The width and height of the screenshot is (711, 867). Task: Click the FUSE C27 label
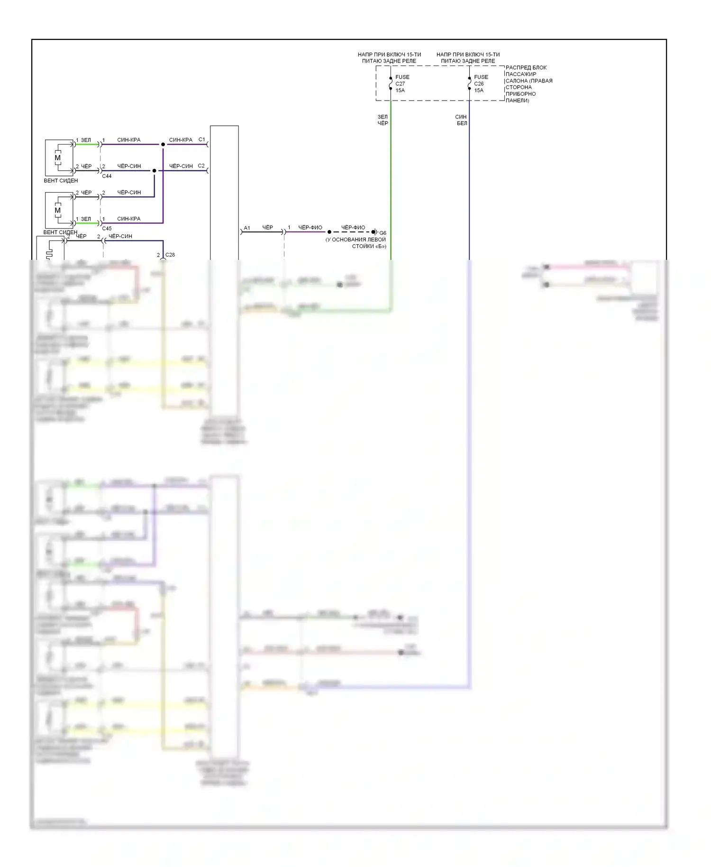(x=401, y=83)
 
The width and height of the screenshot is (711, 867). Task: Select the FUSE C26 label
(x=480, y=83)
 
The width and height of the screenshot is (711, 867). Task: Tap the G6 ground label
(x=383, y=233)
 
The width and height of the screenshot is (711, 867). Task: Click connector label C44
(x=107, y=176)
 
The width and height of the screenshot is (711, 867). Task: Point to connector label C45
(x=107, y=229)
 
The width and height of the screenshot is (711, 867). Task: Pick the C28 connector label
(x=170, y=255)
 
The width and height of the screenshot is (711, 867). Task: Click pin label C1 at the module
(x=201, y=139)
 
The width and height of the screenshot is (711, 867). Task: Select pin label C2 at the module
(x=201, y=166)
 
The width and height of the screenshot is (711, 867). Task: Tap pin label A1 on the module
(x=247, y=228)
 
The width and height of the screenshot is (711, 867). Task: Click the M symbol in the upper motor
(x=58, y=158)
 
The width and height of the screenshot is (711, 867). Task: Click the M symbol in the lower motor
(x=58, y=210)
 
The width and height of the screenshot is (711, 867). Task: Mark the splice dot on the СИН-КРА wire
(x=163, y=144)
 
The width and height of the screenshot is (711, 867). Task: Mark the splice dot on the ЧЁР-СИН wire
(x=154, y=171)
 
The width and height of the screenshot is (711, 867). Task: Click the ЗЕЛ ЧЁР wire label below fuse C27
(x=383, y=120)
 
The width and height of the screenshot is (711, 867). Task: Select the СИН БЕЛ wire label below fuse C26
(x=461, y=120)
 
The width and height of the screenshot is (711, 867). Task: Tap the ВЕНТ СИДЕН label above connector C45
(x=61, y=181)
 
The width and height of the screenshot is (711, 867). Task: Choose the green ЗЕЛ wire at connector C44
(x=87, y=144)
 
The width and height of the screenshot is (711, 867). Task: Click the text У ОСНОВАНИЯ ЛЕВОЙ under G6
(x=355, y=240)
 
